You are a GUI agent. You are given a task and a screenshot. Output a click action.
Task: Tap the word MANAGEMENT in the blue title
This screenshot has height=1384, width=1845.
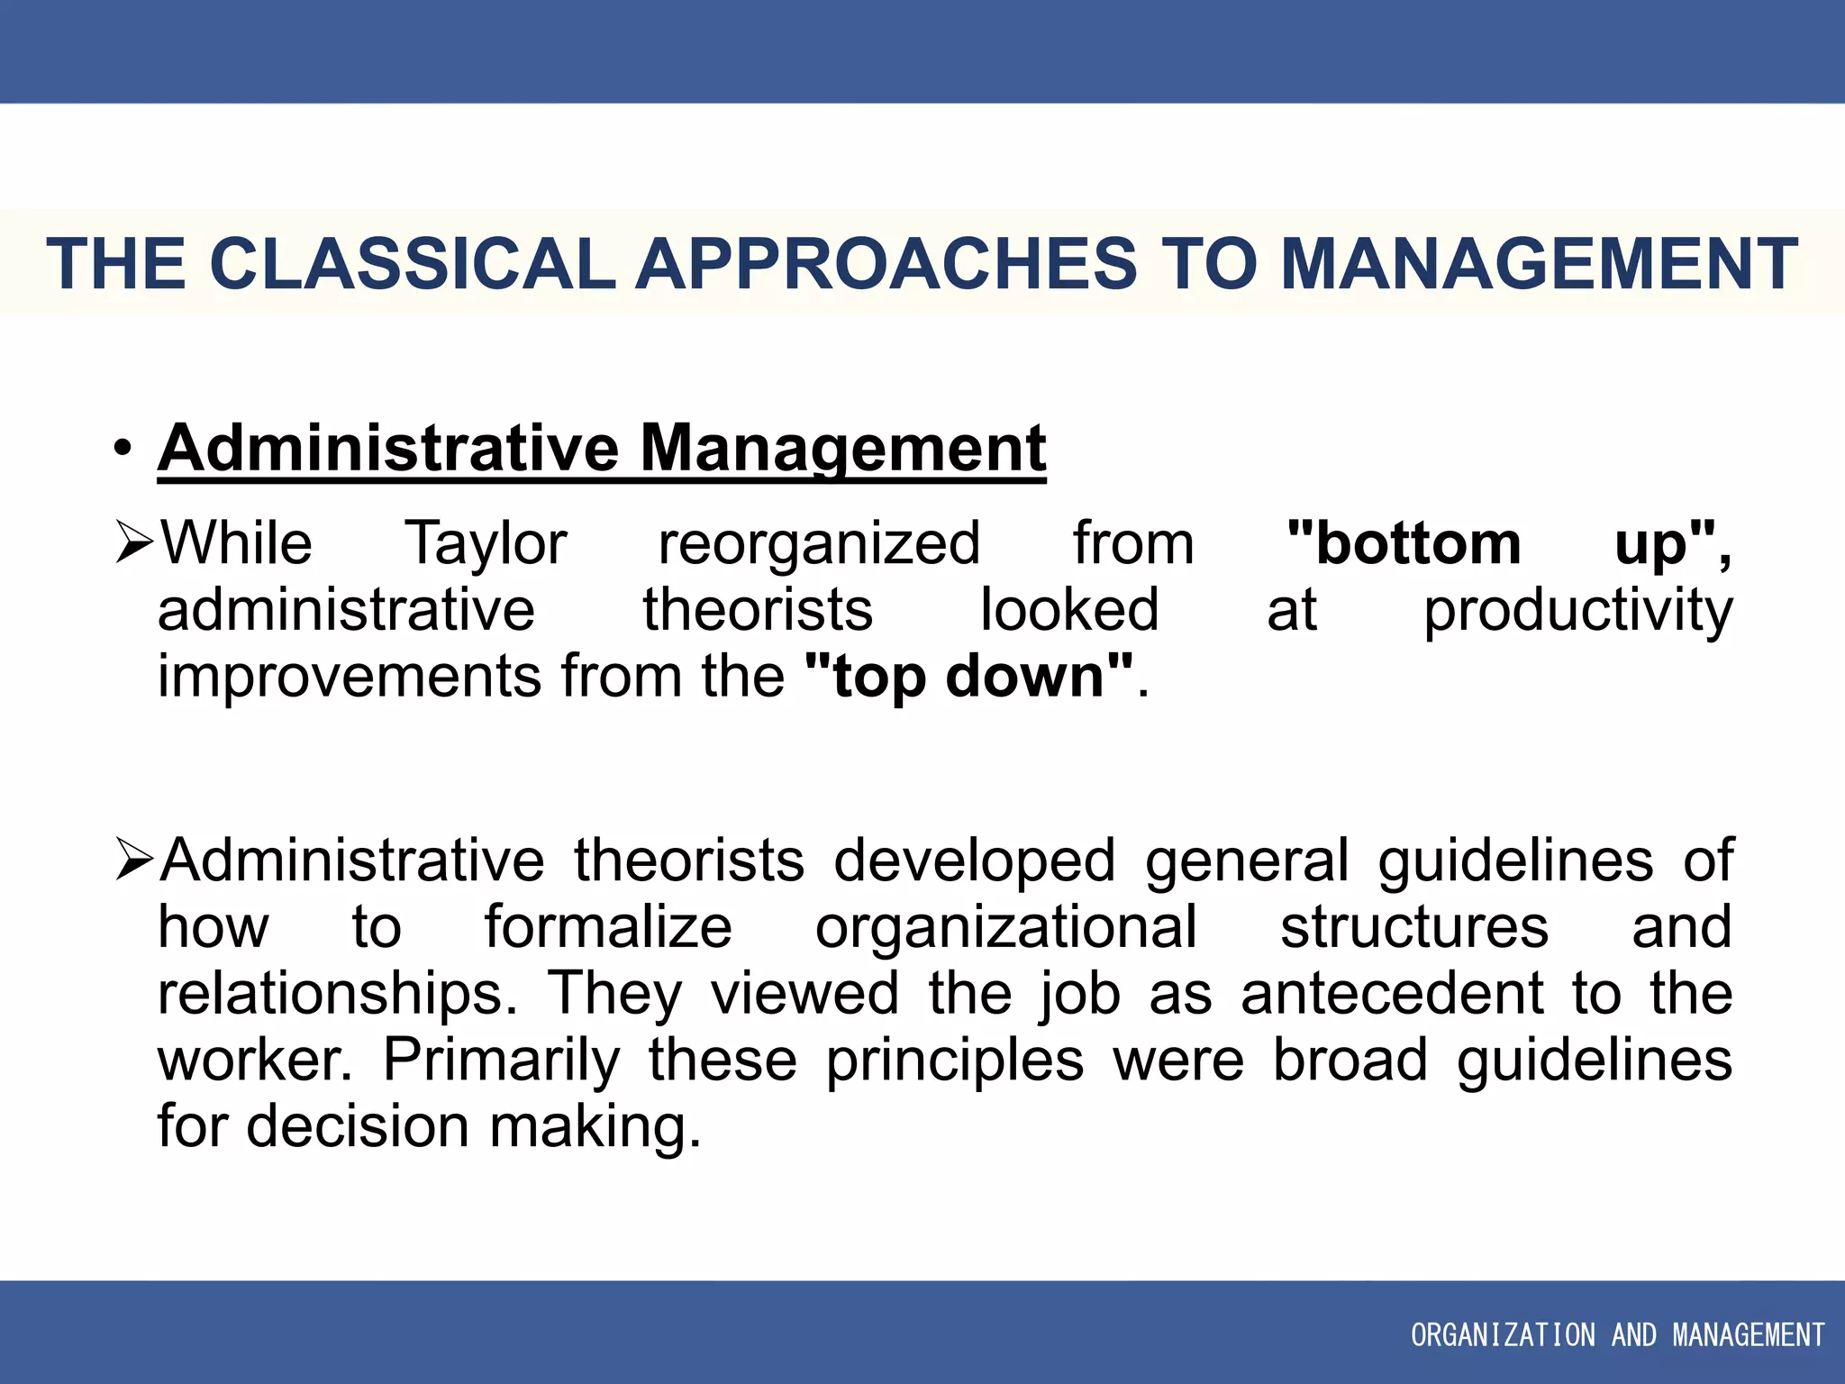pyautogui.click(x=1539, y=264)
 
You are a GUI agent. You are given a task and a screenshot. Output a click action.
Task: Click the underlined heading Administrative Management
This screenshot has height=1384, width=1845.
pyautogui.click(x=601, y=448)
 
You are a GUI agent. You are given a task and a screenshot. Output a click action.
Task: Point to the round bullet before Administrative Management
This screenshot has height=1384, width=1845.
pyautogui.click(x=123, y=448)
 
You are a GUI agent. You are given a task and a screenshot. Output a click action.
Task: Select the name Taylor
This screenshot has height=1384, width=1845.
pyautogui.click(x=486, y=544)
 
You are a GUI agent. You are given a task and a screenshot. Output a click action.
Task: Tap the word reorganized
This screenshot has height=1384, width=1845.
pyautogui.click(x=819, y=544)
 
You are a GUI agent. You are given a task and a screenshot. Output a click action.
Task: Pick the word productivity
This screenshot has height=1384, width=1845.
pyautogui.click(x=1577, y=611)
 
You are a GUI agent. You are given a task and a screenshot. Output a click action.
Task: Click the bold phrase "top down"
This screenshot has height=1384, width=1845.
pyautogui.click(x=969, y=677)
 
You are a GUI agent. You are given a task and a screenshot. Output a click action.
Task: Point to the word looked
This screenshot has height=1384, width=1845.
pyautogui.click(x=1069, y=611)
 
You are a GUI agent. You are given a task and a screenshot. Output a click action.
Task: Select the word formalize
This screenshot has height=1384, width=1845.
pyautogui.click(x=608, y=927)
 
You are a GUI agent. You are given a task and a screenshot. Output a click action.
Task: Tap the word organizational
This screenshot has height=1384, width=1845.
pyautogui.click(x=1006, y=927)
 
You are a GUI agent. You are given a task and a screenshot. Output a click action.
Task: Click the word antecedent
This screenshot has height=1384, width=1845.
pyautogui.click(x=1392, y=994)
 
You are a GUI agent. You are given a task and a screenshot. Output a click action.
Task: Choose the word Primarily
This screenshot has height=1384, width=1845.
pyautogui.click(x=502, y=1061)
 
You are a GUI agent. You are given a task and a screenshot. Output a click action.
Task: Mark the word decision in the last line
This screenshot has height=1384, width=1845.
pyautogui.click(x=358, y=1127)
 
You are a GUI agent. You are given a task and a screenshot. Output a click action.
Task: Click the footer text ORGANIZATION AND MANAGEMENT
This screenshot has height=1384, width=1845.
pyautogui.click(x=1617, y=1334)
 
